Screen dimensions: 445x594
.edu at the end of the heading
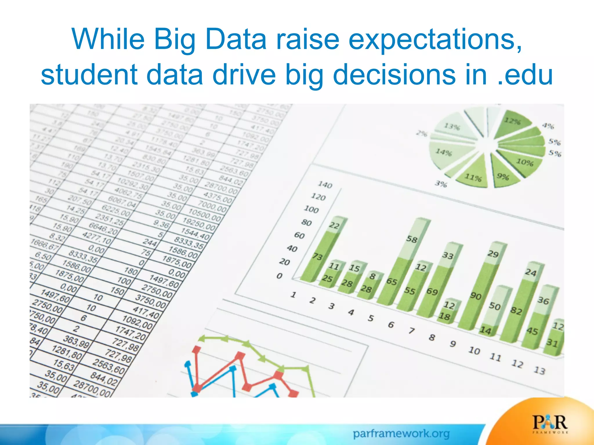tap(524, 75)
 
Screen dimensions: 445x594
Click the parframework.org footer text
tap(401, 434)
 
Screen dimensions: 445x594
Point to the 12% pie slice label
tap(512, 121)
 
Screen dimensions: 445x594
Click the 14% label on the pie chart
tap(444, 152)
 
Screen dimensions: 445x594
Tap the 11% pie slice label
tap(473, 177)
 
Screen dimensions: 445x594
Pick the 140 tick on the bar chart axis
tap(325, 185)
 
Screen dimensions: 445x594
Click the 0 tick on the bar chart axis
tap(279, 276)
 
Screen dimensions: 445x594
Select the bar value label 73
tap(318, 256)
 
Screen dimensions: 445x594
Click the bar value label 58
tap(412, 239)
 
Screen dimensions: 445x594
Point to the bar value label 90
tap(476, 296)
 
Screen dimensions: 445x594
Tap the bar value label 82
tap(516, 311)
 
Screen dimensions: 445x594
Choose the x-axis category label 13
tap(539, 370)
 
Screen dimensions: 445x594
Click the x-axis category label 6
tap(391, 325)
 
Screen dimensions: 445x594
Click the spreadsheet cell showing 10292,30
tap(132, 184)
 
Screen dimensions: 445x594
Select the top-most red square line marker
tap(197, 349)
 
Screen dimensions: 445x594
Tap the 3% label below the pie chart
tap(441, 184)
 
